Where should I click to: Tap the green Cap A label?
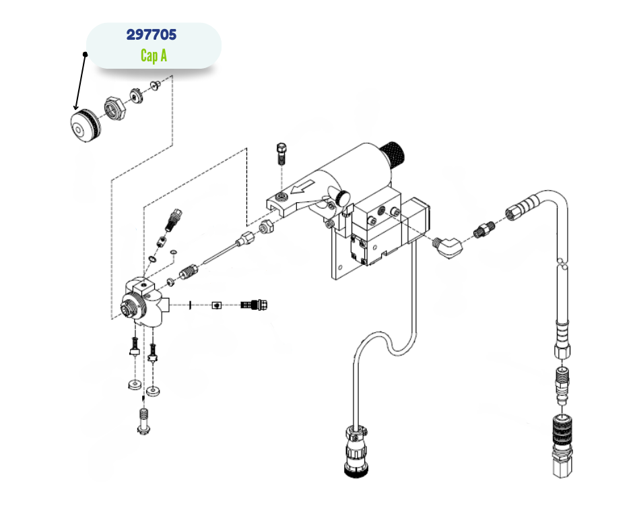pos(154,55)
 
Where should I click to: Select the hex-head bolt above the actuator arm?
pos(282,154)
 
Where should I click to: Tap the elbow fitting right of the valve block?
pos(448,245)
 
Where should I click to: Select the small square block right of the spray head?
pos(216,305)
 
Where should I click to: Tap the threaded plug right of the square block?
pos(256,305)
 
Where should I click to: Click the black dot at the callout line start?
pos(86,54)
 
